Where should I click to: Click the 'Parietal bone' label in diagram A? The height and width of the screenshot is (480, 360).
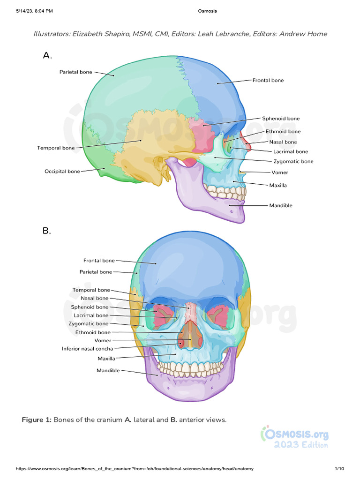tap(75, 72)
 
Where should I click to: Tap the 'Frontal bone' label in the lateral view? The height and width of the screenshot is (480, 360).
tap(268, 80)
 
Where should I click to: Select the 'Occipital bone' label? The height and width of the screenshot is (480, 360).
tap(62, 172)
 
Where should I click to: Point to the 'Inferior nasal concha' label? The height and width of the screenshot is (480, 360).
tap(87, 349)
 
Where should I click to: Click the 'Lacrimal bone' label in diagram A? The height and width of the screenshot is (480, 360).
tap(290, 151)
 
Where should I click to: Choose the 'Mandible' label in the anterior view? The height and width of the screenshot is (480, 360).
tap(108, 370)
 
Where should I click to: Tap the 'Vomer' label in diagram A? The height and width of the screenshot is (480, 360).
tap(279, 172)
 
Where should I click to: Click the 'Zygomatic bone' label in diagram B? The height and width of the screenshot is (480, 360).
tap(88, 324)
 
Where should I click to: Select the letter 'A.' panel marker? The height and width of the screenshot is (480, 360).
tap(47, 56)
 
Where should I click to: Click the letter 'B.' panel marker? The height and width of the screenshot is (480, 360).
tap(47, 231)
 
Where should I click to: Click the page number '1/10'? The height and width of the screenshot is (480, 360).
tap(339, 469)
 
